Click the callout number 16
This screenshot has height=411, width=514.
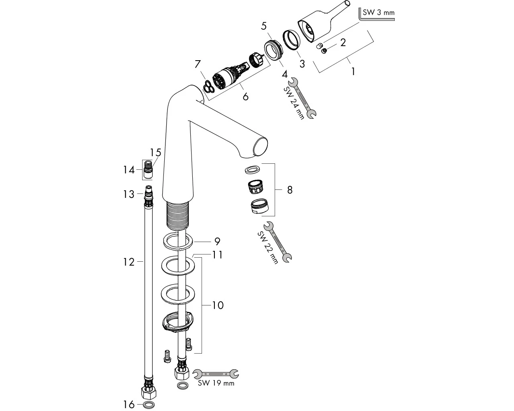pos(129,405)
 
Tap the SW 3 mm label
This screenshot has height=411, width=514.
pos(379,12)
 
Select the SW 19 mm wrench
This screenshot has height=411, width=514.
pos(216,374)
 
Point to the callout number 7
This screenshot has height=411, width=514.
pos(198,64)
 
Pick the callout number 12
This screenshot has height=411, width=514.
pos(129,262)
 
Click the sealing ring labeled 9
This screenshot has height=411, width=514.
pos(178,242)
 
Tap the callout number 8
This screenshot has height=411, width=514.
pos(290,190)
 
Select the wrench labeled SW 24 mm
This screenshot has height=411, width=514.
pos(302,98)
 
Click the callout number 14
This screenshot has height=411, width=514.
pos(129,170)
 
